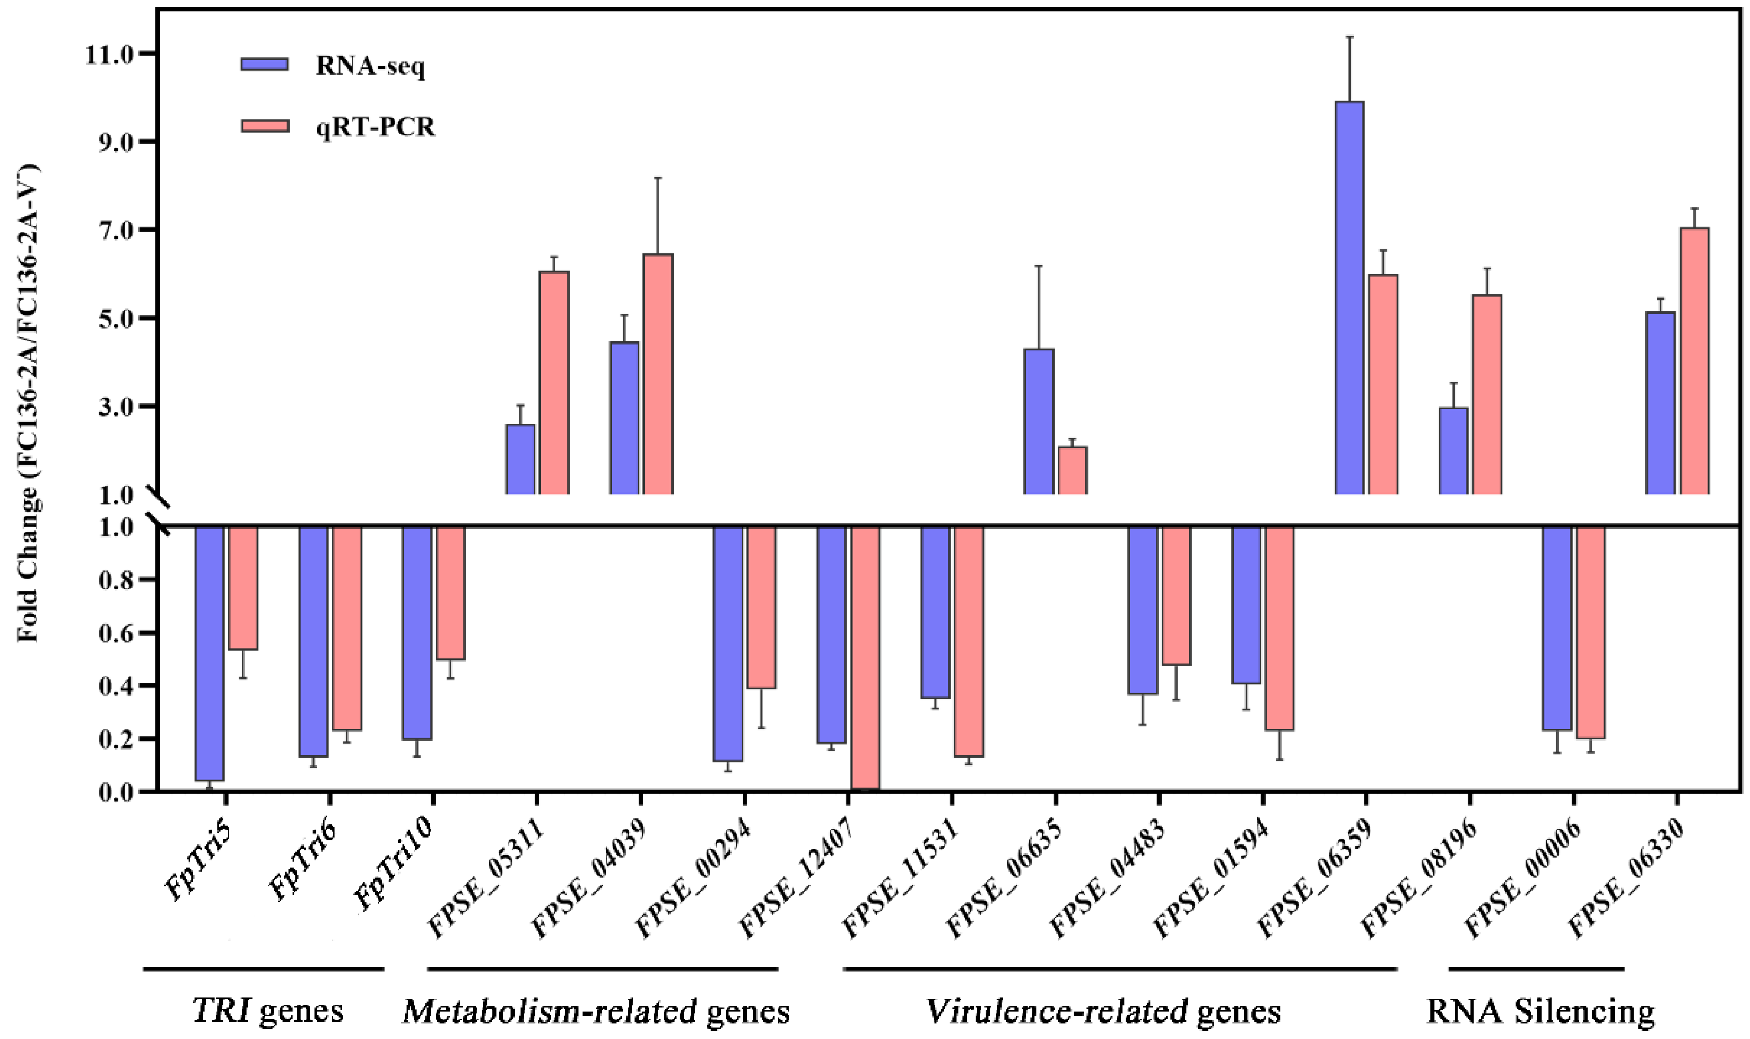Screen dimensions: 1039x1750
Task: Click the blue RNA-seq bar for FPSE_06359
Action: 1349,297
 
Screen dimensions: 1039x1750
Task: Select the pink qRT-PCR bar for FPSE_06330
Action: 1694,360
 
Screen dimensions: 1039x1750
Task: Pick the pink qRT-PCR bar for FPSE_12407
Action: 865,658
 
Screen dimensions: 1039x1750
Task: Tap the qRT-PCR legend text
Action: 375,127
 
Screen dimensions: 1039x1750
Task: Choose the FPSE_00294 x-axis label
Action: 693,879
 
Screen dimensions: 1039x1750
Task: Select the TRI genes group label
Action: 267,1011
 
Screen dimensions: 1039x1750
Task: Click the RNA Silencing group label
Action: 1540,1011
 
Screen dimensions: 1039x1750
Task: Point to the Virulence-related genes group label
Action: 1103,1011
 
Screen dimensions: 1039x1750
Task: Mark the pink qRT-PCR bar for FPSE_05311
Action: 553,382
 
